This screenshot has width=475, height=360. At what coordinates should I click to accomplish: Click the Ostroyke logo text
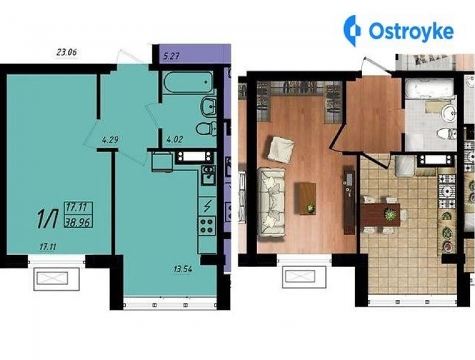click(411, 31)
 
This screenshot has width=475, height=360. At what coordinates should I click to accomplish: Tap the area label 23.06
click(67, 52)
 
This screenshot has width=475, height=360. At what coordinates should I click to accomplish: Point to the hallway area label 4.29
click(110, 140)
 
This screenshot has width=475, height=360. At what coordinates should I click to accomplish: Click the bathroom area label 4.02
click(175, 140)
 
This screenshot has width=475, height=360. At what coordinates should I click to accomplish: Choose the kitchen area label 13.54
click(183, 269)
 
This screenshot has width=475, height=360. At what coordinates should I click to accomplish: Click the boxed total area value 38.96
click(78, 223)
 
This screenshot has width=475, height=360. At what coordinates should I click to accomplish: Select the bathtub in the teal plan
click(188, 82)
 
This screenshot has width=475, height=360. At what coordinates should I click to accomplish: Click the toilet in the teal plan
click(206, 129)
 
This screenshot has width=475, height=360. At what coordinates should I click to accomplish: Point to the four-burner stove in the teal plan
click(206, 226)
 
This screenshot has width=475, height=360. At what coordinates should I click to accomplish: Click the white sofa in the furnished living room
click(272, 202)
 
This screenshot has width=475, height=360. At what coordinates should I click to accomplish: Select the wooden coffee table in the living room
click(307, 198)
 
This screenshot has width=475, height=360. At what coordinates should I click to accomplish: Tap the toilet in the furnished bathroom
click(447, 134)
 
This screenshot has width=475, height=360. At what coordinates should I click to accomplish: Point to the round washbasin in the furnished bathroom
click(448, 114)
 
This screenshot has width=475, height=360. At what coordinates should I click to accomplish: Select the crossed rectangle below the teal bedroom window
click(52, 278)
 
